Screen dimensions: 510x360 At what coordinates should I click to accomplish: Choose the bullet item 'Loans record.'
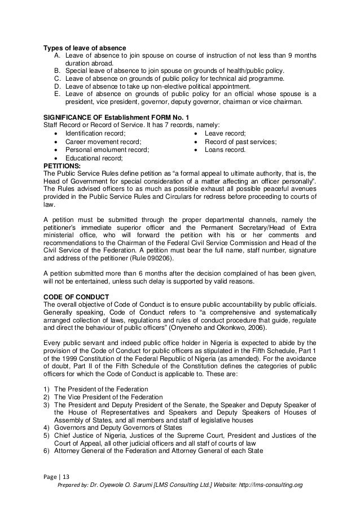(x=224, y=150)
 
